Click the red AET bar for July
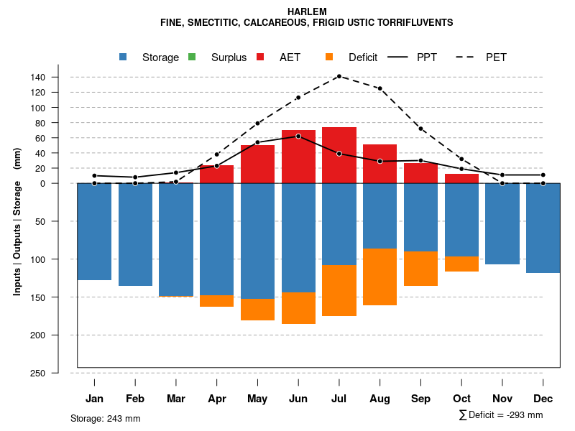coord(339,155)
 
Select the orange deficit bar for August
coord(380,277)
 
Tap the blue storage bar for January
coord(94,231)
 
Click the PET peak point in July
coord(339,76)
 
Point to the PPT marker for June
coord(298,136)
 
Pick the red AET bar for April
coord(216,174)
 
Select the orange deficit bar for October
coord(462,264)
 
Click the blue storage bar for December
coord(543,228)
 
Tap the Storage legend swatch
coord(124,57)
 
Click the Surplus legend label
coord(229,57)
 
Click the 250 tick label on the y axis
coord(58,373)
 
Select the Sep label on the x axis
coord(421,399)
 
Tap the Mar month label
coord(176,399)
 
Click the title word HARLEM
coord(307,11)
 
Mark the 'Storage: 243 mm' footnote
coord(106,418)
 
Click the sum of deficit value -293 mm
coord(520,415)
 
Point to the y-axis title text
coord(17,228)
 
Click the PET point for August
coord(380,88)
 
